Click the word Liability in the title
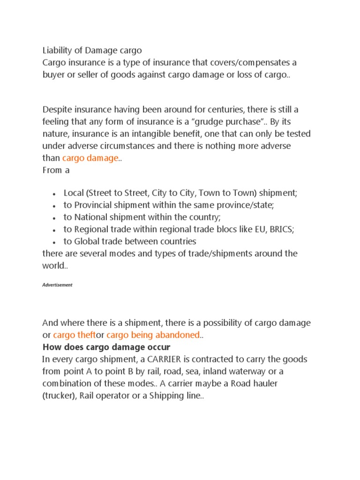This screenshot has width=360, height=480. point(58,50)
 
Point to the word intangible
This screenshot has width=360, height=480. point(173,134)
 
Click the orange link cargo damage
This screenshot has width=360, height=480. point(90,158)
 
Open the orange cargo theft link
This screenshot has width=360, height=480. point(75,335)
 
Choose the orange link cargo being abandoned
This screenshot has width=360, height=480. point(153,335)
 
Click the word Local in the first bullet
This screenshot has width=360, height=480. point(74,193)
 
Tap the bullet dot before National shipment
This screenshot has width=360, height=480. point(55,218)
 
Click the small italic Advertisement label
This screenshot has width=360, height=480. point(57,285)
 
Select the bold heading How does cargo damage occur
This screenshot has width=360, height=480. point(106,347)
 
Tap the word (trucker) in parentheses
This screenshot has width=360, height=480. point(59,396)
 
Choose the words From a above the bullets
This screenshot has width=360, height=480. point(56,170)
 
